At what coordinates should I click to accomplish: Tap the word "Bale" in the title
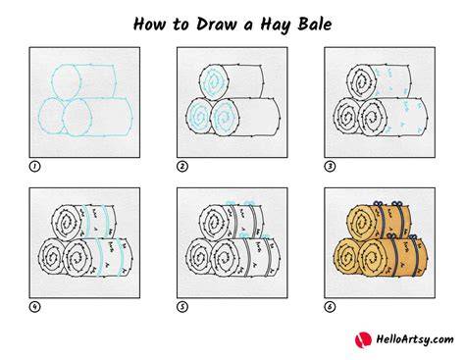(x=315, y=25)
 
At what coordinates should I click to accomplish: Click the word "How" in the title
(x=150, y=25)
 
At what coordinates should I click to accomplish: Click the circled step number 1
(x=34, y=167)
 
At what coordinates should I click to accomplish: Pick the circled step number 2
(x=182, y=167)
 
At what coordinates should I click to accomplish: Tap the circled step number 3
(x=330, y=167)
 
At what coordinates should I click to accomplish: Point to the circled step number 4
(x=34, y=307)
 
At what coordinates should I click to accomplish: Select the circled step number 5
(x=182, y=307)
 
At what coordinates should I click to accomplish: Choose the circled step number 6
(x=330, y=307)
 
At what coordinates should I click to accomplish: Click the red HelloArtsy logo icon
(x=363, y=339)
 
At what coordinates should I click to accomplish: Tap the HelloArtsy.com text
(x=415, y=339)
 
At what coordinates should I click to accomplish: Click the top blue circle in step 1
(x=52, y=81)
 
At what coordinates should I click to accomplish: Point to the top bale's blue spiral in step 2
(x=214, y=81)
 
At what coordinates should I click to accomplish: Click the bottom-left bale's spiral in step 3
(x=347, y=117)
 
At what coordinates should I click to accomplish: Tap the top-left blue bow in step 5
(x=232, y=203)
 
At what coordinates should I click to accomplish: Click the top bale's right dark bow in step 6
(x=396, y=204)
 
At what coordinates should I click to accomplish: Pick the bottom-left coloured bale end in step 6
(x=347, y=257)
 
